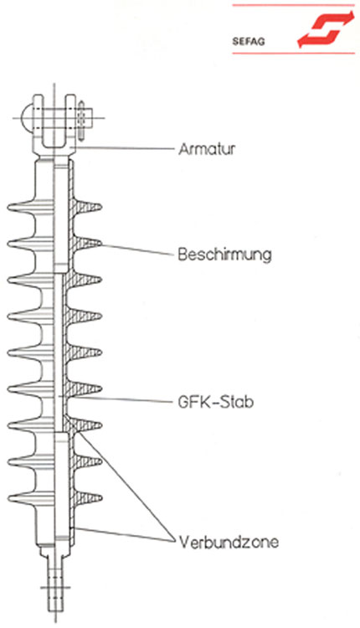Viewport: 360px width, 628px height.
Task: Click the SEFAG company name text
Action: [x=249, y=41]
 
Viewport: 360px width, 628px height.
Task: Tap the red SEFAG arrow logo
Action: [x=326, y=28]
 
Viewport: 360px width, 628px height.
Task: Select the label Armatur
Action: [x=207, y=149]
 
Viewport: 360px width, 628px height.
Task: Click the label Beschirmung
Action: [x=224, y=255]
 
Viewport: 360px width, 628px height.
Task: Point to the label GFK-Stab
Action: [x=215, y=402]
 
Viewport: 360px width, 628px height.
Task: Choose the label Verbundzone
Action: [x=229, y=542]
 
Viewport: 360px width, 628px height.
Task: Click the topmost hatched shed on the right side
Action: [x=87, y=207]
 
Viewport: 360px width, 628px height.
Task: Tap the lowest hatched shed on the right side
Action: [x=87, y=498]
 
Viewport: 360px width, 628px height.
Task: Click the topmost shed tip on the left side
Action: [x=9, y=207]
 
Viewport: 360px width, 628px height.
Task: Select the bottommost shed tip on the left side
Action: [x=9, y=499]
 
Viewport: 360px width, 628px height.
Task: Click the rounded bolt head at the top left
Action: [x=26, y=118]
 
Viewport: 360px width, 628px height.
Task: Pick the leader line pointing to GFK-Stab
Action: [x=119, y=399]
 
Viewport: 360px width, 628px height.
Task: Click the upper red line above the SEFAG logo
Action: [x=293, y=5]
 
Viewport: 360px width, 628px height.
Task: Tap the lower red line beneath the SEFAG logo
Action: [x=293, y=53]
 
